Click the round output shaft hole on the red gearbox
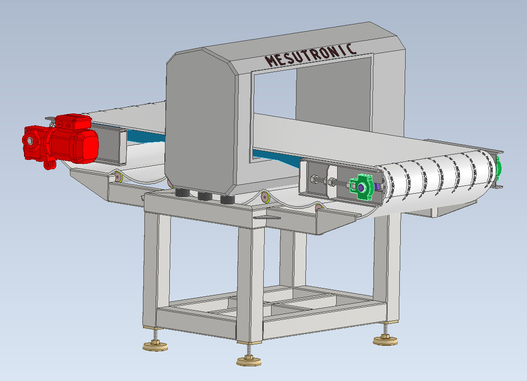coord(30,141)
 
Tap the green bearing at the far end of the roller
coord(499,169)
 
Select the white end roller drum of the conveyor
coord(435,183)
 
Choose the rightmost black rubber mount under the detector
coord(227,199)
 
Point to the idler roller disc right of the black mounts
coord(265,197)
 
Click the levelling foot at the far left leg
coord(155,346)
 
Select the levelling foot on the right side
coord(385,340)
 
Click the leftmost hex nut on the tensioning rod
coord(316,180)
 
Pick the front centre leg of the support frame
coord(250,279)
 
